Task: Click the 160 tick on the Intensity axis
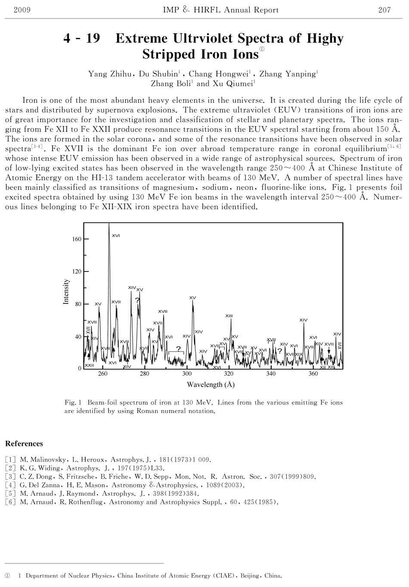pyautogui.click(x=77, y=239)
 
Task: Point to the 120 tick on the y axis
pyautogui.click(x=77, y=272)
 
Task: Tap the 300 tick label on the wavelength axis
pyautogui.click(x=187, y=374)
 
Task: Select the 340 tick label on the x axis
pyautogui.click(x=271, y=374)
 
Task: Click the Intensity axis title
pyautogui.click(x=66, y=292)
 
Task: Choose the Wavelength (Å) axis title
pyautogui.click(x=211, y=384)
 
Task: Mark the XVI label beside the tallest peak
pyautogui.click(x=116, y=235)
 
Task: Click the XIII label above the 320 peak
pyautogui.click(x=229, y=316)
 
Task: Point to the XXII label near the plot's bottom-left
pyautogui.click(x=89, y=365)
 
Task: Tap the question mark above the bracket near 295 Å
pyautogui.click(x=178, y=348)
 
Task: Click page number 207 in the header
pyautogui.click(x=384, y=10)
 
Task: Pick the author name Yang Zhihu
pyautogui.click(x=110, y=74)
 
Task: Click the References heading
pyautogui.click(x=24, y=444)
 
